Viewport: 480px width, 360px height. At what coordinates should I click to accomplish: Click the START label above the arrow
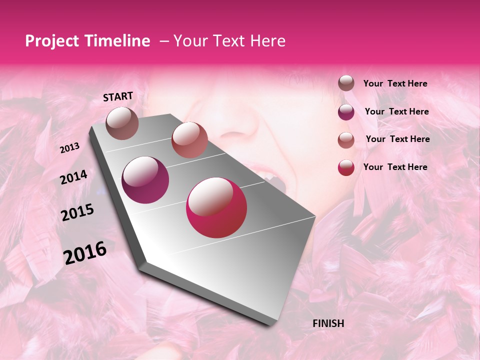pos(118,96)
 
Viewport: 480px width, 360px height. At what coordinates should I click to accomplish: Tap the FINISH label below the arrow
pos(328,323)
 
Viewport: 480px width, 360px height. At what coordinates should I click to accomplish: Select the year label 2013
pos(69,148)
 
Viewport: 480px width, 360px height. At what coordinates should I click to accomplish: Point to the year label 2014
pos(73,177)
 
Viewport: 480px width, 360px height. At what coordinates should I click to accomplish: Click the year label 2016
pos(85,253)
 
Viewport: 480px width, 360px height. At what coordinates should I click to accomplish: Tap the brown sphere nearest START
pos(122,123)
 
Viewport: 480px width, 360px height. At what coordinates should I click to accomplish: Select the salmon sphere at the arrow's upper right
pos(189,140)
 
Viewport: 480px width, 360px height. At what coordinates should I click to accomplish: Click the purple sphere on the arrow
pos(145,179)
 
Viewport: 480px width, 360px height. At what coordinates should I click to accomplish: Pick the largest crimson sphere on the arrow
pos(216,207)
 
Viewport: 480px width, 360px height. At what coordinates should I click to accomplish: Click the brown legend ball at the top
pos(346,83)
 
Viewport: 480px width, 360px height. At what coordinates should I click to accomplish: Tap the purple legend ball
pos(346,112)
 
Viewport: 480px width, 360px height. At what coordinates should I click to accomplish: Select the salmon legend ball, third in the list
pos(346,140)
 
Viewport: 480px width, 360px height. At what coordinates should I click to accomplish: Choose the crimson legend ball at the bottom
pos(346,167)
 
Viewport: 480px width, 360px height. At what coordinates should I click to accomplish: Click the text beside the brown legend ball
pos(395,84)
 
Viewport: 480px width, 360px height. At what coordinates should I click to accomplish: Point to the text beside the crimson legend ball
pos(395,167)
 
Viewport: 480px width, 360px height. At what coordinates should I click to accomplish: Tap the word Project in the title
pos(52,41)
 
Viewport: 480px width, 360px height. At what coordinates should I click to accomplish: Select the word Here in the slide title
pos(267,41)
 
